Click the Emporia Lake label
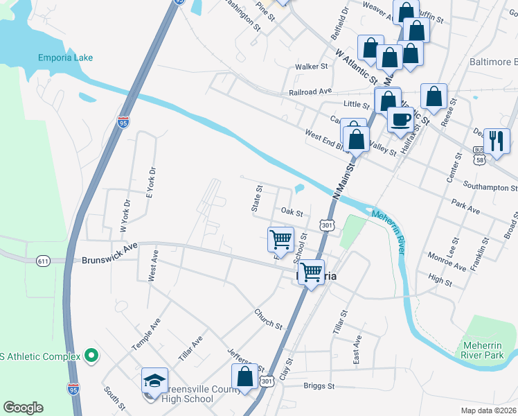[66, 58]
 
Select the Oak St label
[292, 211]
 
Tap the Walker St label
[311, 67]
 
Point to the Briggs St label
[321, 386]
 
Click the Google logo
[23, 408]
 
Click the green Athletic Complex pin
[90, 356]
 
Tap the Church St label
[267, 320]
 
